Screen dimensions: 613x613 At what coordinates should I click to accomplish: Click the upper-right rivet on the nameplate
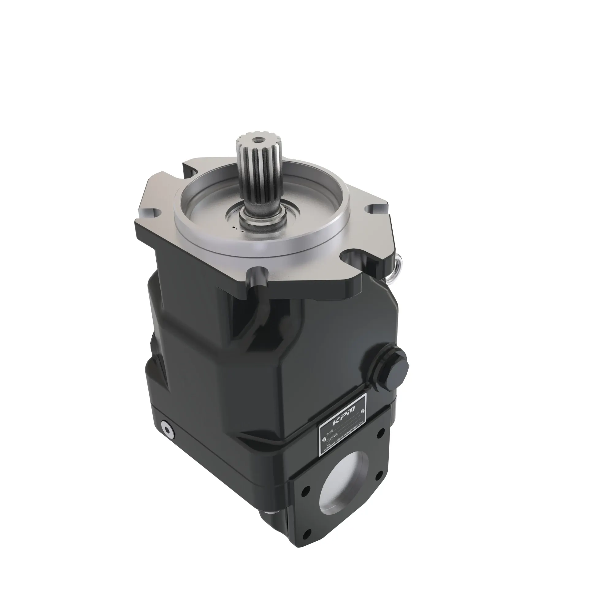[362, 411]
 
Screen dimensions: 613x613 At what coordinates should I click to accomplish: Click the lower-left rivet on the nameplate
[324, 440]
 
